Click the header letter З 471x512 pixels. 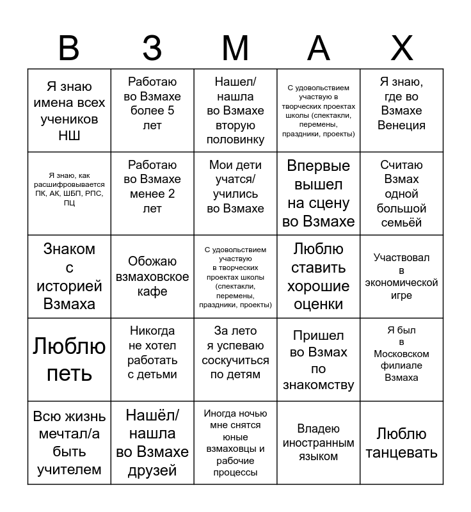pyautogui.click(x=152, y=48)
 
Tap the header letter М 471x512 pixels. pyautogui.click(x=235, y=48)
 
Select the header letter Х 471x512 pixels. pyautogui.click(x=402, y=48)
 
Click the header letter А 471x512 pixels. pyautogui.click(x=319, y=48)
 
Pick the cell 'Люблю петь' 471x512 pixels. pyautogui.click(x=69, y=360)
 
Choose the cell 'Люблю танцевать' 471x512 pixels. pyautogui.click(x=402, y=443)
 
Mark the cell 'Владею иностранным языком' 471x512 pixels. pyautogui.click(x=319, y=443)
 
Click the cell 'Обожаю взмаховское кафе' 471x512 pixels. pyautogui.click(x=152, y=276)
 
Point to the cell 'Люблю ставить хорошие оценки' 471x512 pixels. pyautogui.click(x=319, y=276)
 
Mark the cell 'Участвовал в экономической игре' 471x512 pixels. pyautogui.click(x=402, y=276)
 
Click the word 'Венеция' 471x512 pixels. pyautogui.click(x=402, y=125)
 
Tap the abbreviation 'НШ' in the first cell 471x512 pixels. pyautogui.click(x=69, y=136)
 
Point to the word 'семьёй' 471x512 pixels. pyautogui.click(x=402, y=223)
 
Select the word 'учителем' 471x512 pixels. pyautogui.click(x=69, y=470)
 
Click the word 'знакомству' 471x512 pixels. pyautogui.click(x=319, y=385)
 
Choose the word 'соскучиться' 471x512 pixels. pyautogui.click(x=235, y=360)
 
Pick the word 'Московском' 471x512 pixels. pyautogui.click(x=402, y=354)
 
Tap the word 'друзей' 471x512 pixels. pyautogui.click(x=152, y=470)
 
